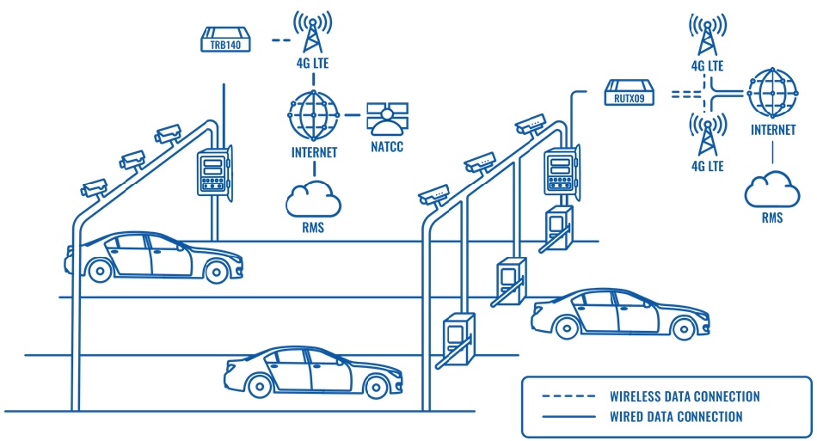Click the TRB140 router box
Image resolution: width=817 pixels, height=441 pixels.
tap(226, 40)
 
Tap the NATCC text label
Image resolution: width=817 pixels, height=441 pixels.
tap(384, 146)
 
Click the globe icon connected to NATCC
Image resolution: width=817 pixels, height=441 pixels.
tap(312, 115)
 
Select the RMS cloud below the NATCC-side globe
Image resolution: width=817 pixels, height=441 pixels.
tap(313, 199)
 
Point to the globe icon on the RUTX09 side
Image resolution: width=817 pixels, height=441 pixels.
tap(771, 92)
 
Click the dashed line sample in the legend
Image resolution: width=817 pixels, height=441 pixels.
tap(568, 396)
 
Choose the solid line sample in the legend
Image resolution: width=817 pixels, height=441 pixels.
tap(568, 416)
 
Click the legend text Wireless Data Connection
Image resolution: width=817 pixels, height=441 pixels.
tap(685, 396)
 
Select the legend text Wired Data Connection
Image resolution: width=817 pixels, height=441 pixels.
tap(676, 416)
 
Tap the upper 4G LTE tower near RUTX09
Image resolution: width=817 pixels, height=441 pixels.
tap(706, 36)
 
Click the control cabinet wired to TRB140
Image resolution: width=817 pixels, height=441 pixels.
tap(212, 173)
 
